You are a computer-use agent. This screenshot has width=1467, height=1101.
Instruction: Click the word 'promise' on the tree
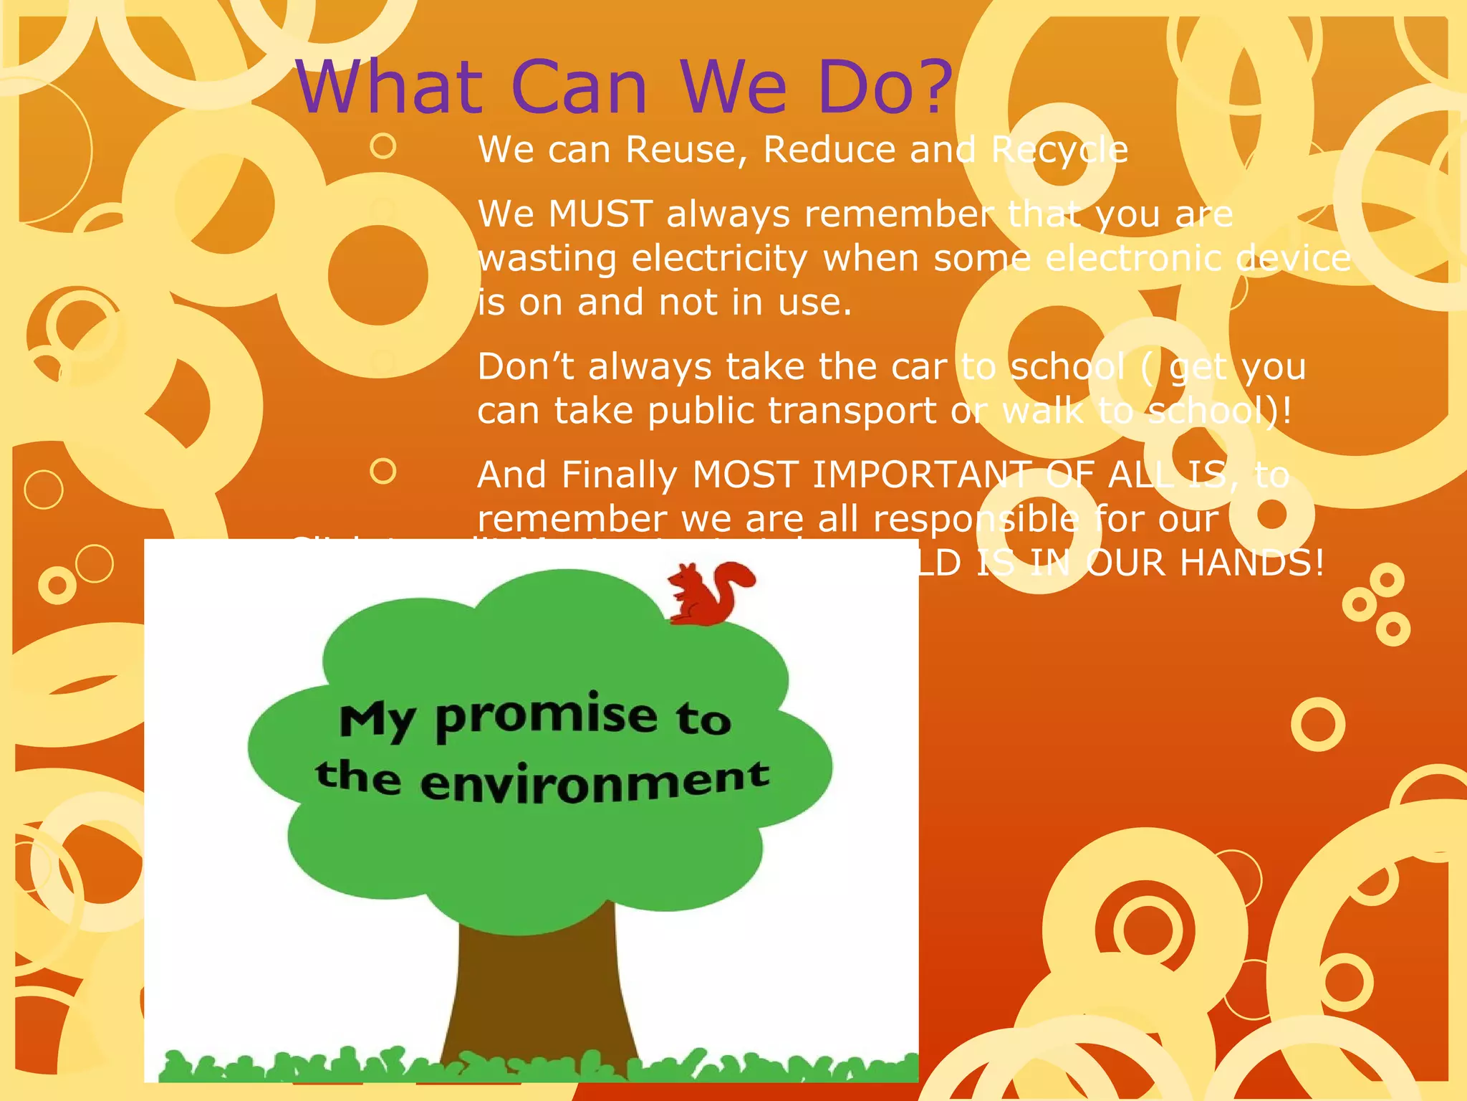click(546, 717)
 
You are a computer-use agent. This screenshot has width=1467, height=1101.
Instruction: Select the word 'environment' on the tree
click(595, 781)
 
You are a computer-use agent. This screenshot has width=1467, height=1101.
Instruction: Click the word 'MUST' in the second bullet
click(600, 214)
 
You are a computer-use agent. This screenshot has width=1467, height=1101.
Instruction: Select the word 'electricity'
click(720, 258)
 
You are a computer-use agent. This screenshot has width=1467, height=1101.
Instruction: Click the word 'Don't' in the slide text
click(525, 367)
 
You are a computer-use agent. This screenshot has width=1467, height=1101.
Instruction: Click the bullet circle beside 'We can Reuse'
click(383, 146)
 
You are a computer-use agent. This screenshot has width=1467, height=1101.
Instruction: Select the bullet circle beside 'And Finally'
click(383, 472)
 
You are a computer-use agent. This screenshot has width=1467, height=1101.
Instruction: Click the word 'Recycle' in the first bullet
click(1059, 151)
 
